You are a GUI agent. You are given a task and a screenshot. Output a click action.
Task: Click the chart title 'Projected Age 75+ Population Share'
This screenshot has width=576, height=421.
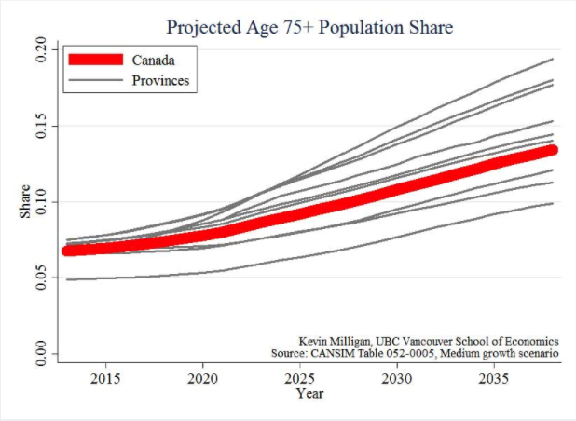coord(309,28)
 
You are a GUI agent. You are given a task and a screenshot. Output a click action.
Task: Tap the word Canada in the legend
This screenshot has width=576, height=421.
coord(154,61)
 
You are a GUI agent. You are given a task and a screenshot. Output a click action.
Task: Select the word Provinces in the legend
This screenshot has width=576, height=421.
coord(161,81)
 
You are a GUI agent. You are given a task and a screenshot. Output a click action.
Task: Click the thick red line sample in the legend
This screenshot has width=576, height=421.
coord(95,61)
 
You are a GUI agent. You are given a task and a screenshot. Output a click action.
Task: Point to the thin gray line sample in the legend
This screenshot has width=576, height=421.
coord(95,81)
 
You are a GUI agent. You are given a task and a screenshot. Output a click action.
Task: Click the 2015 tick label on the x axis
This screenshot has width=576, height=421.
coord(105,379)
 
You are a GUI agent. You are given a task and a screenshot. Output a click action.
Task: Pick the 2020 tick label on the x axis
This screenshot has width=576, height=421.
coord(203,379)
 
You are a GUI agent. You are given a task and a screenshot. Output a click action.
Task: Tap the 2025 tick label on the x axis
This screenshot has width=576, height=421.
coord(300,379)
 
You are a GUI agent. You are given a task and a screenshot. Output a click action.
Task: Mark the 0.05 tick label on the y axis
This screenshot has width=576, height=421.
coord(40,278)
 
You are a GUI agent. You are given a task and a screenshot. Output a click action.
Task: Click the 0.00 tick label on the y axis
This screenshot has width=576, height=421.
coord(40,354)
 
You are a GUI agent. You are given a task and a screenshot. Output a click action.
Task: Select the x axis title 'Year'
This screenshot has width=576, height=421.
coord(310,394)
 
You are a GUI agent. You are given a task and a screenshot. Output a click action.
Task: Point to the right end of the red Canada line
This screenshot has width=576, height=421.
coord(552,149)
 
